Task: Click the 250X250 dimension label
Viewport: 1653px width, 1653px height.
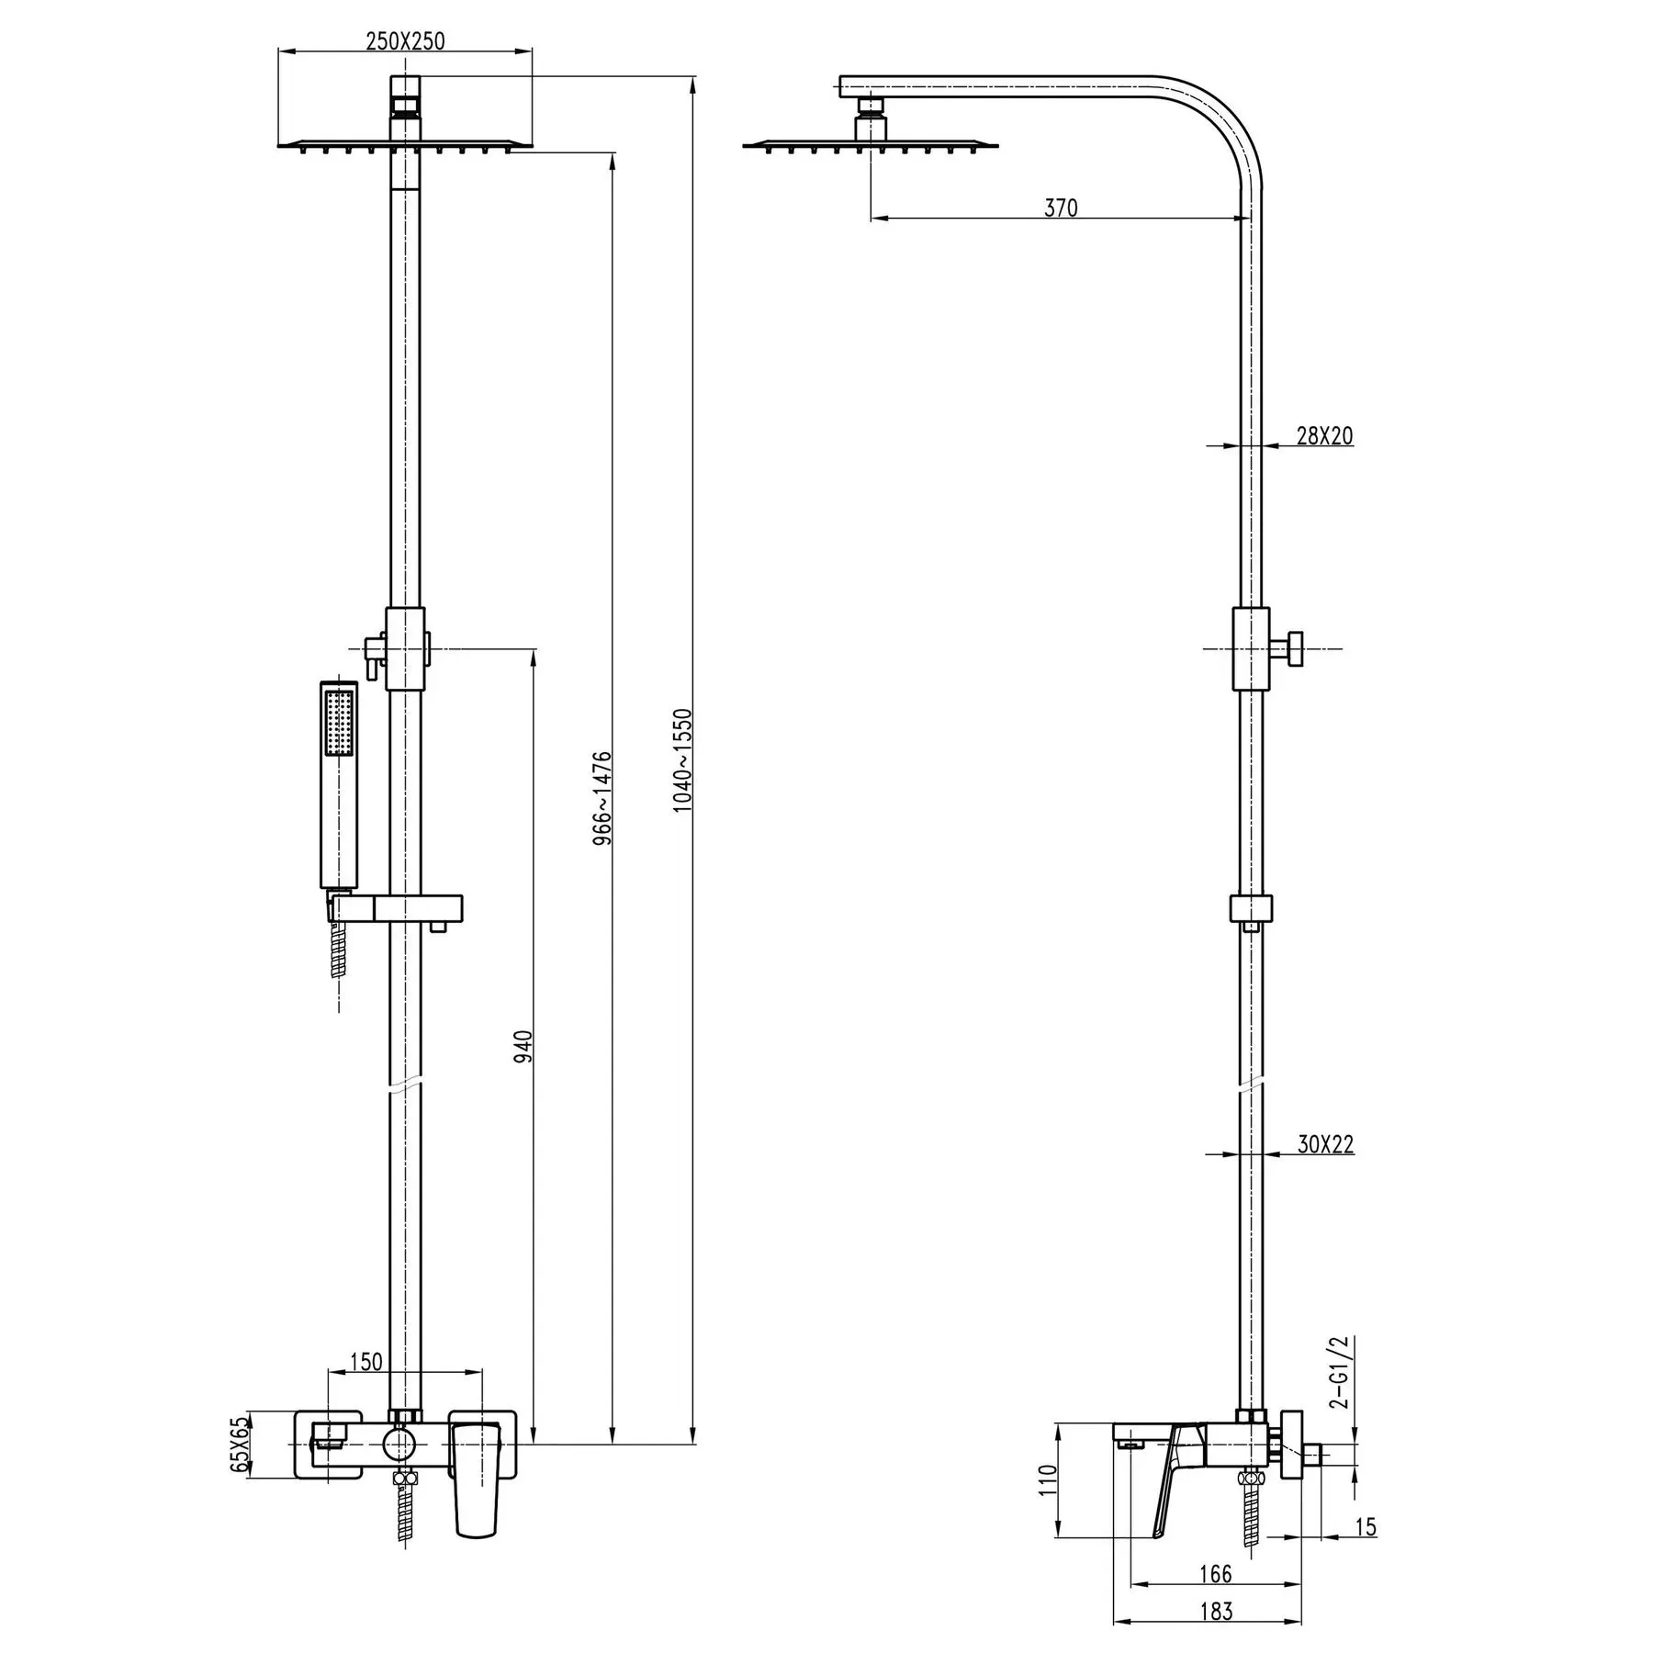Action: (405, 41)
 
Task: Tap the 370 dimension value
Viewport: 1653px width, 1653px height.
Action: (1061, 208)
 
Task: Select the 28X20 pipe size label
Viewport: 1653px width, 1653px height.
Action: (1324, 435)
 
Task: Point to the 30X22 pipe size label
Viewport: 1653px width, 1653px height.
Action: (1325, 1144)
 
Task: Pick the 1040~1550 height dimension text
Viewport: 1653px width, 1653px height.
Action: (681, 760)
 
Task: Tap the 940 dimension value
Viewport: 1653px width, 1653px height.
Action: (523, 1048)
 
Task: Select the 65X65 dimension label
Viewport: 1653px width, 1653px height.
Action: (239, 1444)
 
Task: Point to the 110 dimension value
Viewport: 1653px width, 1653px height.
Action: (1049, 1480)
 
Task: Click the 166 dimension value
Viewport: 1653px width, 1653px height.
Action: (1215, 1574)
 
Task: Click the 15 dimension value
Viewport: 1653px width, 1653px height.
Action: (1366, 1526)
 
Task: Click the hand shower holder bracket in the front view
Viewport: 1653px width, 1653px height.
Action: (396, 909)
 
